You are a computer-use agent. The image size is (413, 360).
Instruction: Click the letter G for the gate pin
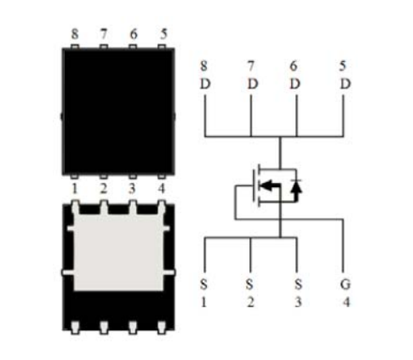point(345,284)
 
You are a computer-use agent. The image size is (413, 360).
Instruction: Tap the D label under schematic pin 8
point(205,84)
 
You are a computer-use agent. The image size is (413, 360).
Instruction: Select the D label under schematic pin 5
point(345,84)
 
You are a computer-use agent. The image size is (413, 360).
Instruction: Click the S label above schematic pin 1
point(204,284)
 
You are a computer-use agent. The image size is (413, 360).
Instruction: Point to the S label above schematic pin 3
point(298,284)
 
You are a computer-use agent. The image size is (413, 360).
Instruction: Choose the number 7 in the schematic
point(250,66)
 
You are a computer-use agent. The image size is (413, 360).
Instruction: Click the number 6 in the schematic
point(294,66)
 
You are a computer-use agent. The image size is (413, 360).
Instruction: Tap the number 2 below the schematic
point(250,302)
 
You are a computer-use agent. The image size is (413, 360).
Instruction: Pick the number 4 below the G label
point(347,302)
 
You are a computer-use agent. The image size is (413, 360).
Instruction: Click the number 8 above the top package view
point(75,34)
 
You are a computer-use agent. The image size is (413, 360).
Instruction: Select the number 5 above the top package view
point(163,34)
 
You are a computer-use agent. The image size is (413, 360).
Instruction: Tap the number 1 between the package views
point(75,189)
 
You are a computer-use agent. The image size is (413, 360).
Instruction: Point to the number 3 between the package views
point(132,189)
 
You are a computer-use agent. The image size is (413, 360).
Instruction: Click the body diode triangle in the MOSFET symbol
point(296,186)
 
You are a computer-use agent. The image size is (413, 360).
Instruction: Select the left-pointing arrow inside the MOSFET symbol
point(270,186)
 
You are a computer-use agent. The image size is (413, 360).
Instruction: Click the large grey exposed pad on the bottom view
point(118,253)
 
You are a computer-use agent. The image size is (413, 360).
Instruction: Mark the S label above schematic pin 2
point(250,284)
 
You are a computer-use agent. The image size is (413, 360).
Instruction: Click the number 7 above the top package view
point(104,34)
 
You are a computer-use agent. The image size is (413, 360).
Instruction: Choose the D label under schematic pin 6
point(295,84)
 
